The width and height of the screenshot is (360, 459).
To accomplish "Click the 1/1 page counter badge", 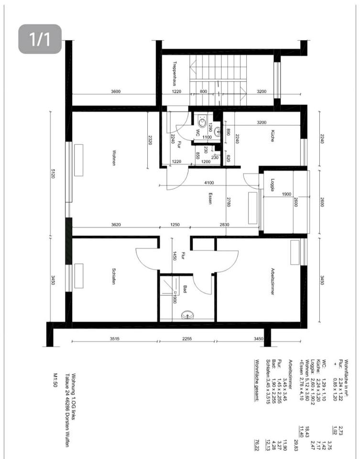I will click(x=40, y=39).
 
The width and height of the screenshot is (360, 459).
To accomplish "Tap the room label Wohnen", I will click(x=114, y=158).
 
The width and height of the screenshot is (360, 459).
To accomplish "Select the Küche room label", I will click(x=272, y=136).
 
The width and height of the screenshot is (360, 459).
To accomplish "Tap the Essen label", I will click(x=210, y=199).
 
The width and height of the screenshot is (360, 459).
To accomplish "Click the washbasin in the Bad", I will click(x=187, y=314).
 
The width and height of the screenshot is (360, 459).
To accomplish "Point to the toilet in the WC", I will click(x=203, y=123).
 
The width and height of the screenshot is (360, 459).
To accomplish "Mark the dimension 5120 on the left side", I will click(x=54, y=175).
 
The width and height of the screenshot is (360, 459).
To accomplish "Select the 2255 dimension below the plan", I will click(x=187, y=339).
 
